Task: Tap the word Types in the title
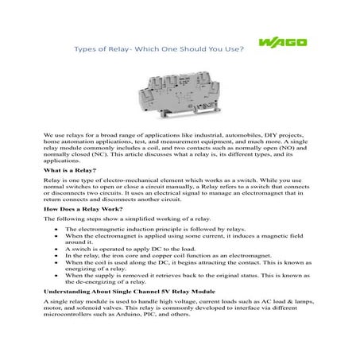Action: tap(87, 47)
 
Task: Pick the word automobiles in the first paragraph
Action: tap(220, 137)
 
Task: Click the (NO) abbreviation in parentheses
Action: tap(271, 151)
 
